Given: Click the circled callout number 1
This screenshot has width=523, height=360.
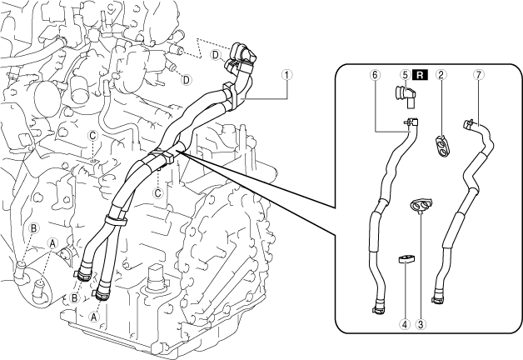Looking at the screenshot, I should coord(286,74).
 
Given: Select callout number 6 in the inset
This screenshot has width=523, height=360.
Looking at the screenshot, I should coord(376,74).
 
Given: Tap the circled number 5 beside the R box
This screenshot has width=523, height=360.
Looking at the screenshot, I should coord(405,74).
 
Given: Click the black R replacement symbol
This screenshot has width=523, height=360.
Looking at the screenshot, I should coord(421,74).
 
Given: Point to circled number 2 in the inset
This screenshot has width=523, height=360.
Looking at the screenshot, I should coord(442,74).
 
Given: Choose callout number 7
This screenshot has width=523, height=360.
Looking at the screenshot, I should coord(477,74).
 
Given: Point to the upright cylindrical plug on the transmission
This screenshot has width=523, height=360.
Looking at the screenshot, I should coord(157,280).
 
